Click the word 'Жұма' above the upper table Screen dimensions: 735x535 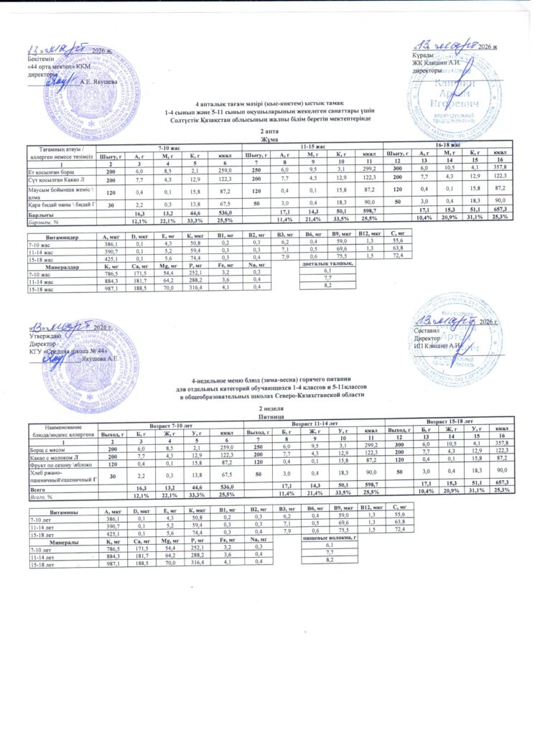coord(266,139)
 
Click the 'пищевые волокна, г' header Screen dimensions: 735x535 coord(330,537)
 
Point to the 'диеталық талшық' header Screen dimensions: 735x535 coord(330,263)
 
